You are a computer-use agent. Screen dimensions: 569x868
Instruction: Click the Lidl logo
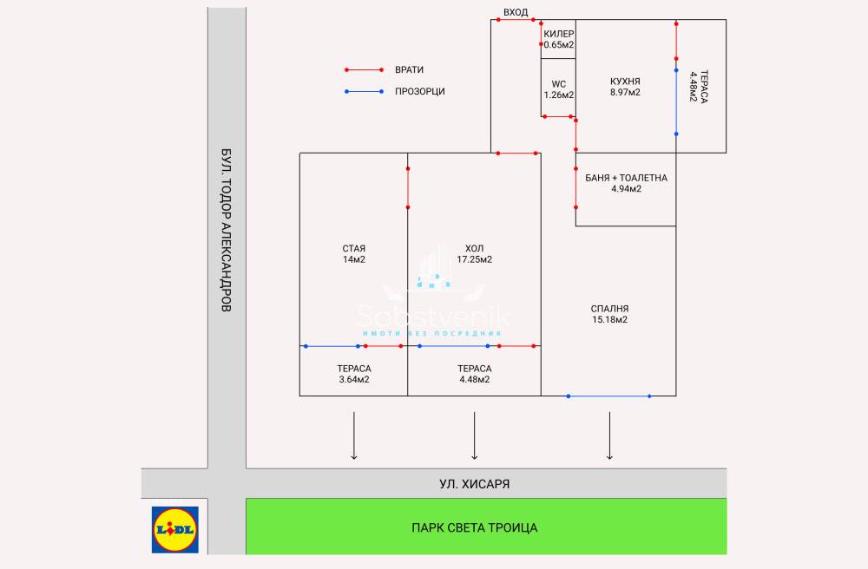[175, 529]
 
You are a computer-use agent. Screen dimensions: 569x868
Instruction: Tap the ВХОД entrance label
[516, 11]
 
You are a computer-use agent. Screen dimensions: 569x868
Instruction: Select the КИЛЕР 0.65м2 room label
[559, 39]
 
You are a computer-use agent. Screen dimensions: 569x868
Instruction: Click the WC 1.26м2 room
[558, 89]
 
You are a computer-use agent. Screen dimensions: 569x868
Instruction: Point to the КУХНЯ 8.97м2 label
[625, 87]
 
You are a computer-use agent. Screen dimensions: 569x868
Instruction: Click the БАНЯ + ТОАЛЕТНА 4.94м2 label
[626, 183]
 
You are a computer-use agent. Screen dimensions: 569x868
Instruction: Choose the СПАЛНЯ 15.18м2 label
[608, 314]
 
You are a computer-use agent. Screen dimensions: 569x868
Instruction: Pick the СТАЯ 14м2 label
[353, 254]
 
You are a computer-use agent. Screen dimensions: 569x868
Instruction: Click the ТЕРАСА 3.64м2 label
[354, 374]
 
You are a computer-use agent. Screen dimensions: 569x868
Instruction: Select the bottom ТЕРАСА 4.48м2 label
[474, 374]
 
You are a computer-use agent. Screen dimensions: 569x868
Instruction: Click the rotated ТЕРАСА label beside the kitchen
[699, 86]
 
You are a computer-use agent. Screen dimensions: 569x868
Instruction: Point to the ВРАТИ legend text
[409, 69]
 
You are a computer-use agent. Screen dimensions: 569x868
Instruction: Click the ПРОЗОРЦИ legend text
[419, 91]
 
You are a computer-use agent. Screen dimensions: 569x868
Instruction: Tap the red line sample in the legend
[364, 69]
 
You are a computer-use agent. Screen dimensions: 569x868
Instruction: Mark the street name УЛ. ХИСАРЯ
[474, 484]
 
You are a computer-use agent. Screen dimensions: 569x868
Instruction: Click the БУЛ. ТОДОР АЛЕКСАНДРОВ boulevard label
[226, 229]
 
